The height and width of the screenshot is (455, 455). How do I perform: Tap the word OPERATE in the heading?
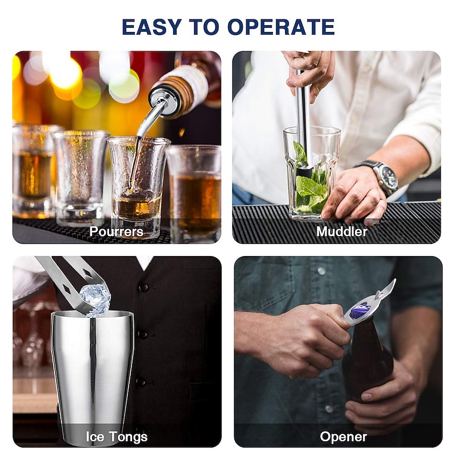pyautogui.click(x=281, y=27)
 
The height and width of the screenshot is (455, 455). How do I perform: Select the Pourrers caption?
pyautogui.click(x=116, y=231)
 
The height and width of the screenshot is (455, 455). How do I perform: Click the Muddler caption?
pyautogui.click(x=342, y=231)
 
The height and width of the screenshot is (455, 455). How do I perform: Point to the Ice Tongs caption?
pyautogui.click(x=117, y=437)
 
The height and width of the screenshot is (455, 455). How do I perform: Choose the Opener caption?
pyautogui.click(x=344, y=437)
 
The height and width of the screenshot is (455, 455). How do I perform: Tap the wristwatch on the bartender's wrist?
pyautogui.click(x=380, y=176)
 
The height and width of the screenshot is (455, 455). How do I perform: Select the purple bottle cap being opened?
pyautogui.click(x=359, y=310)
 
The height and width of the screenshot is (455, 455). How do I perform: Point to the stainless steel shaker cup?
pyautogui.click(x=92, y=377)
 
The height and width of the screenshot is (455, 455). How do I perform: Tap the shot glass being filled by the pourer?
pyautogui.click(x=138, y=186)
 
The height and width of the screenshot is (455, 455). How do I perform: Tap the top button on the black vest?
pyautogui.click(x=143, y=287)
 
